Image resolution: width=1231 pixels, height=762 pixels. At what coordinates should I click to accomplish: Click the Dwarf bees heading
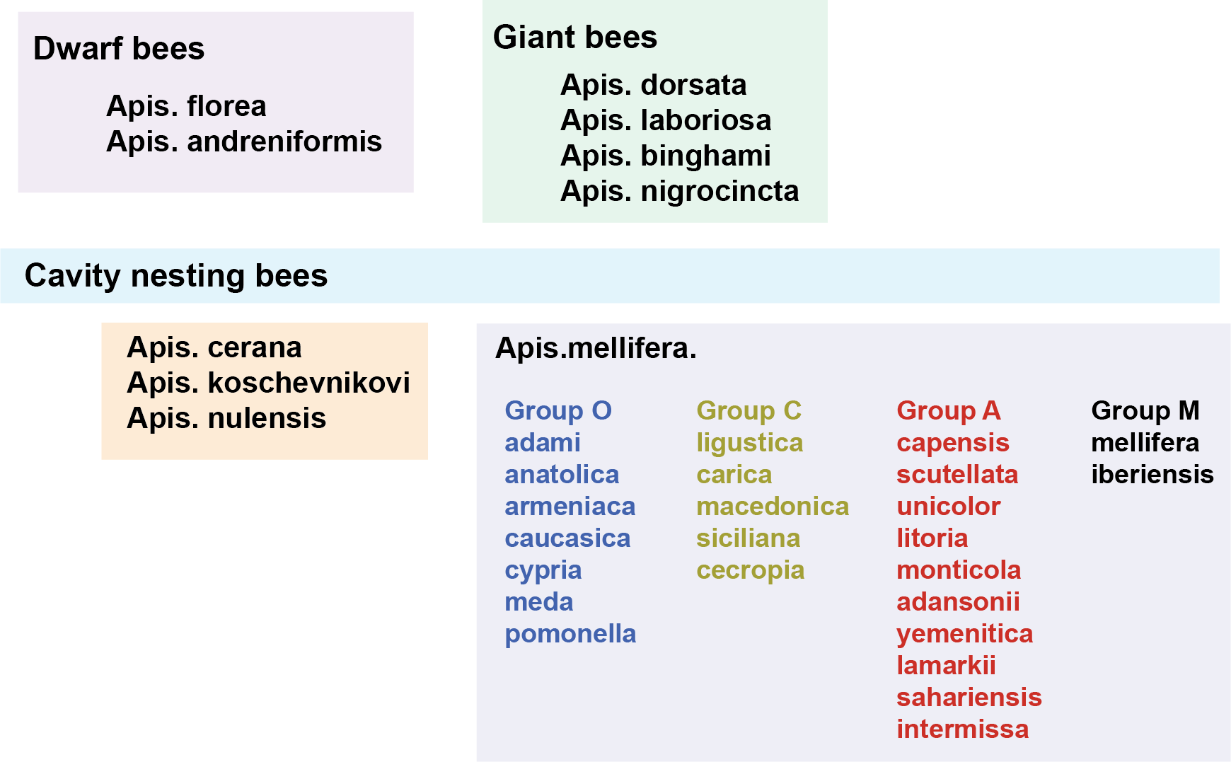point(119,49)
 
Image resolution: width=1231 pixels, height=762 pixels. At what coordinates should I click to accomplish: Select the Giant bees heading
point(574,37)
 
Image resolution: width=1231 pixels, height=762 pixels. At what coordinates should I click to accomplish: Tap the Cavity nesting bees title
point(176,276)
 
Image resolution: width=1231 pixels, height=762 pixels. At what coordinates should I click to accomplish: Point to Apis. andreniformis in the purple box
point(244,142)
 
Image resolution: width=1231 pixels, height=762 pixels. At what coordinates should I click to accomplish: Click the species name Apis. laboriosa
point(665,120)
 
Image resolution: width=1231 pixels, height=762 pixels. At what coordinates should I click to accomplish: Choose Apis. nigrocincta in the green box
point(679,191)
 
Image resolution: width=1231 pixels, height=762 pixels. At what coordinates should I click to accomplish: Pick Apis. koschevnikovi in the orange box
point(268,383)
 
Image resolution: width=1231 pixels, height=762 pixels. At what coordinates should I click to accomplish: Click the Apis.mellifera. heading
point(596,348)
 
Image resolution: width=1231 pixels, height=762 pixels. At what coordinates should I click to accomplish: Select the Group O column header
point(557,410)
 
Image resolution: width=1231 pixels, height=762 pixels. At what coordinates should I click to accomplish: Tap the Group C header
point(749,410)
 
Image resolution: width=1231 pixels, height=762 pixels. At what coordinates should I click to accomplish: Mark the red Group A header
point(948,410)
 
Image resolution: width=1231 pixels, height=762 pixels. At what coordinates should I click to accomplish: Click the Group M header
point(1145,410)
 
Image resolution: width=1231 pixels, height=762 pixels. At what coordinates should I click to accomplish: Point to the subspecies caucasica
point(567,538)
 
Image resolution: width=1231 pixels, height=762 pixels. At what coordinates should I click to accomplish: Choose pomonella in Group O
point(570,634)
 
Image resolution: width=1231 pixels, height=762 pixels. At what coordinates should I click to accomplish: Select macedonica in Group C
point(772,507)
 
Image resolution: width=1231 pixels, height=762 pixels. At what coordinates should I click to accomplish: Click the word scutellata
point(957,475)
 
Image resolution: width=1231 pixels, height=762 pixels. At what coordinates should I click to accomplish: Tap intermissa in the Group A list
point(962,729)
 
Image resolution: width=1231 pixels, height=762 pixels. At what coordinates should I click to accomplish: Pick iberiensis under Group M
point(1152,475)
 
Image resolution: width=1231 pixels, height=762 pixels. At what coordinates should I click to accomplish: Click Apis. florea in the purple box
point(186,106)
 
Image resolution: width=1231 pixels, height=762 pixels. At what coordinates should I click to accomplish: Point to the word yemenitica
point(964,634)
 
